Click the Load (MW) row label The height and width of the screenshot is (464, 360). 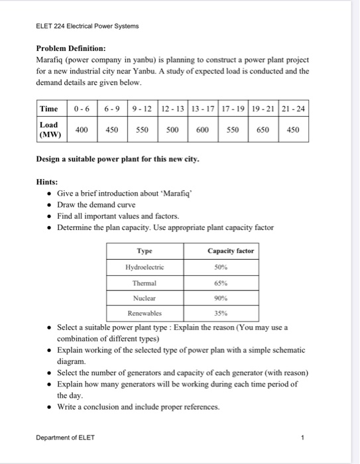pos(49,129)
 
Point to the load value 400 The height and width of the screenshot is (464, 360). pos(82,130)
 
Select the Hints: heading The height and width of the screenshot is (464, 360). pos(48,181)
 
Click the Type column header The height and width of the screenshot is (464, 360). pos(144,251)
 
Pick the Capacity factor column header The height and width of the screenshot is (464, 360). pos(230,251)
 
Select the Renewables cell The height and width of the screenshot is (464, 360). pos(144,313)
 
